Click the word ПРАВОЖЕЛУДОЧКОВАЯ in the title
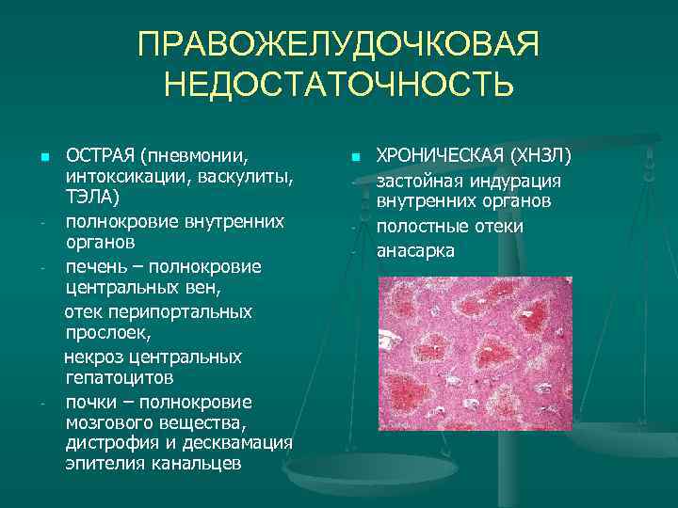pos(339,45)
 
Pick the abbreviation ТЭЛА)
pos(92,198)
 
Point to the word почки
pos(90,402)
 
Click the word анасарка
pos(415,251)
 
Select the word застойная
pos(418,181)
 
